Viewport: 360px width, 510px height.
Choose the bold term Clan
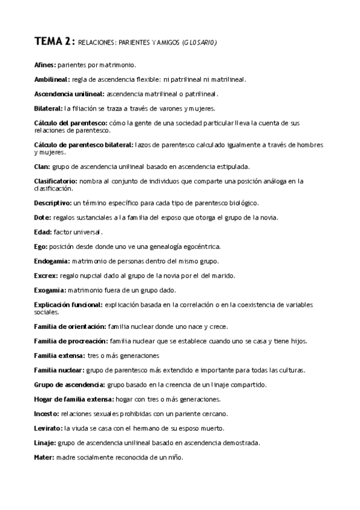pos(42,167)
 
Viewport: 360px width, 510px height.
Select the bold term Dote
pos(42,217)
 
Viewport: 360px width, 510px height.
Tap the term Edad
pos(43,232)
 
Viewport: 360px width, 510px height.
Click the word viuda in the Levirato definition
pos(80,428)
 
